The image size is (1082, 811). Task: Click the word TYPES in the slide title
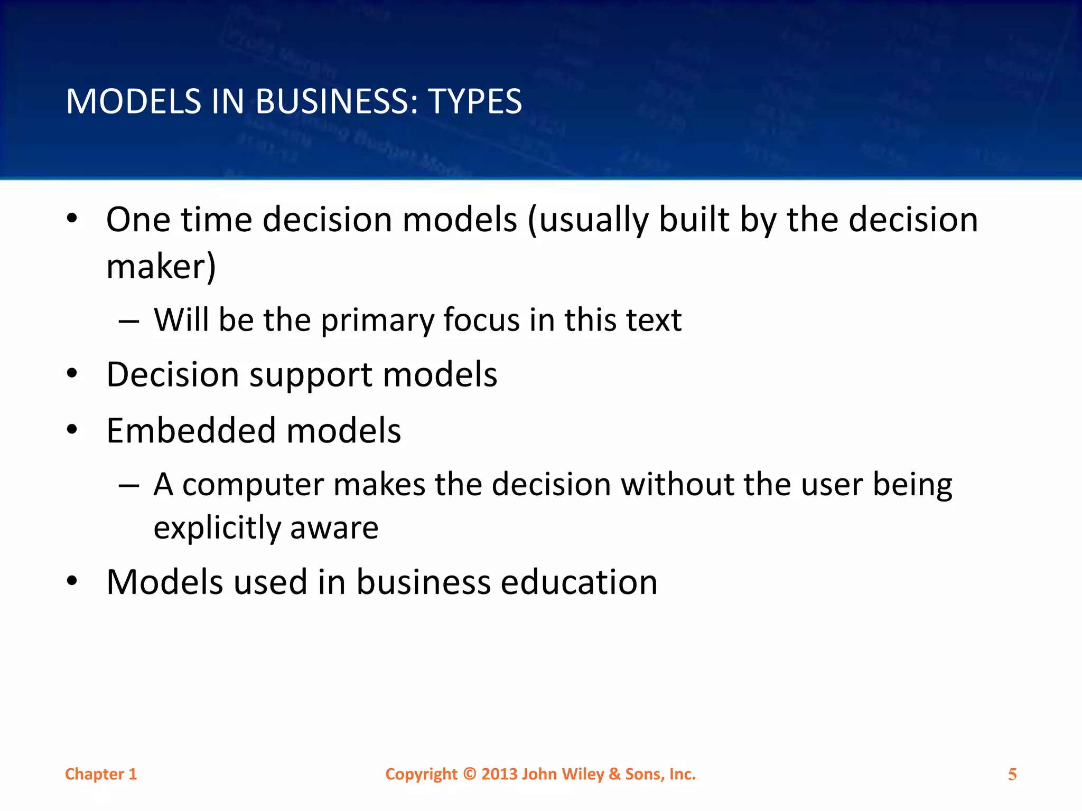pyautogui.click(x=475, y=101)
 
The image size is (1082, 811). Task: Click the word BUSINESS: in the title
pyautogui.click(x=337, y=101)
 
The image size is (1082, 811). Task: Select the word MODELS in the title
pyautogui.click(x=134, y=101)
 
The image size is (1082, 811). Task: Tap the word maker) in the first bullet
pyautogui.click(x=161, y=267)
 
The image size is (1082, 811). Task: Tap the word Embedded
pyautogui.click(x=191, y=430)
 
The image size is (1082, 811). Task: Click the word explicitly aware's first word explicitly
pyautogui.click(x=217, y=528)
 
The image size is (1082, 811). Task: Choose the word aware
pyautogui.click(x=334, y=528)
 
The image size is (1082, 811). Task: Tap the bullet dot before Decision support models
pyautogui.click(x=72, y=374)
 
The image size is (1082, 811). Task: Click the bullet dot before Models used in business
pyautogui.click(x=72, y=581)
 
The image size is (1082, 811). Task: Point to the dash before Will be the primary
pyautogui.click(x=129, y=321)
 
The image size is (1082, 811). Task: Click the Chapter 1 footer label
pyautogui.click(x=101, y=774)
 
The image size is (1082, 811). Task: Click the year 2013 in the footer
pyautogui.click(x=499, y=774)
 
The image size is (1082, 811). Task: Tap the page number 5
pyautogui.click(x=1012, y=775)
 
